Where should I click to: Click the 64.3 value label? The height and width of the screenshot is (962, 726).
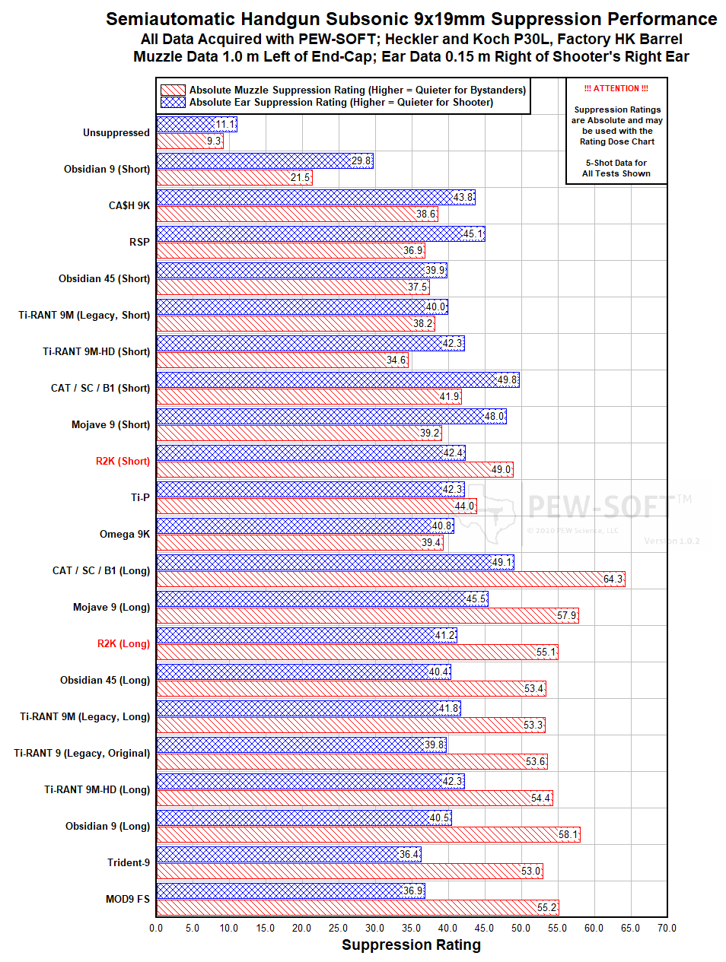(x=613, y=579)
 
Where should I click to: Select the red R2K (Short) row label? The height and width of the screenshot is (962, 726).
(x=123, y=461)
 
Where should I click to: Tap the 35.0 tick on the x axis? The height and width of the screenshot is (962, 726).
(x=411, y=928)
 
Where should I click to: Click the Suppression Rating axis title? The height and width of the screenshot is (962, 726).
(x=411, y=945)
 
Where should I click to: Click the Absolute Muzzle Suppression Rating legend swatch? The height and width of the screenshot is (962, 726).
(x=173, y=90)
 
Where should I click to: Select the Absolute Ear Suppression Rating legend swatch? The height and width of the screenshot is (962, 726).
(x=173, y=102)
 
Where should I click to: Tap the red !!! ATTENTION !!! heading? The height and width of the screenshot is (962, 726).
(x=616, y=88)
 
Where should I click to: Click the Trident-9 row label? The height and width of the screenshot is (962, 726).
(x=129, y=862)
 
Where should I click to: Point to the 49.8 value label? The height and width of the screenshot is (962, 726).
(x=507, y=380)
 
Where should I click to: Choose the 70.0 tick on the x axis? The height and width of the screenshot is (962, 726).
(x=667, y=928)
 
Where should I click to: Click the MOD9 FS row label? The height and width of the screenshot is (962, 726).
(x=128, y=899)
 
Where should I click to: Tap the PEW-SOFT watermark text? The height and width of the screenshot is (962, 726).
(x=600, y=505)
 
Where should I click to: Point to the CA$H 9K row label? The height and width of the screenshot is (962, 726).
(x=129, y=205)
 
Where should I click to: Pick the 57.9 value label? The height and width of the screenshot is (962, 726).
(x=566, y=616)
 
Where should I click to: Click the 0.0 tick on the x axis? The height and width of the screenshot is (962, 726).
(x=156, y=928)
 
